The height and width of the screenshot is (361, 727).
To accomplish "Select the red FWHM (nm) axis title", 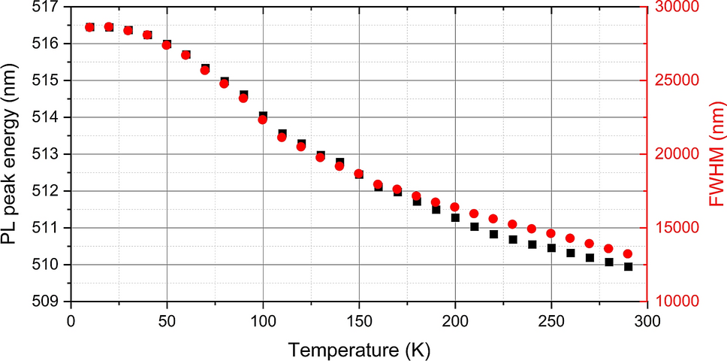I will click(713, 155).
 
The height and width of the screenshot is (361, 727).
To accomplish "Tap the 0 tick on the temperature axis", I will click(71, 319).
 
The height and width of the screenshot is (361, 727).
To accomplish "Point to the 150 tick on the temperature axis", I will click(359, 319).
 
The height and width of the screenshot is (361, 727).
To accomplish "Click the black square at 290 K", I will click(628, 266).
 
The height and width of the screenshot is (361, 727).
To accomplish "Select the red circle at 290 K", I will click(628, 254).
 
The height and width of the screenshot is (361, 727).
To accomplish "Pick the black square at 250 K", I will click(551, 247).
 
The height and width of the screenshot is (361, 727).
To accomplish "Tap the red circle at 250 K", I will click(551, 233).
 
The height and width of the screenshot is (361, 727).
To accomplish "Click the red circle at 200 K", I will click(455, 207).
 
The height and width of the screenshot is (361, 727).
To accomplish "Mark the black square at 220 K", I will click(493, 234).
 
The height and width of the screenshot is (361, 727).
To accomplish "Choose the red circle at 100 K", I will click(263, 120).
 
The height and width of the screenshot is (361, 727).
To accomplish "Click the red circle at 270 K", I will click(590, 244).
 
